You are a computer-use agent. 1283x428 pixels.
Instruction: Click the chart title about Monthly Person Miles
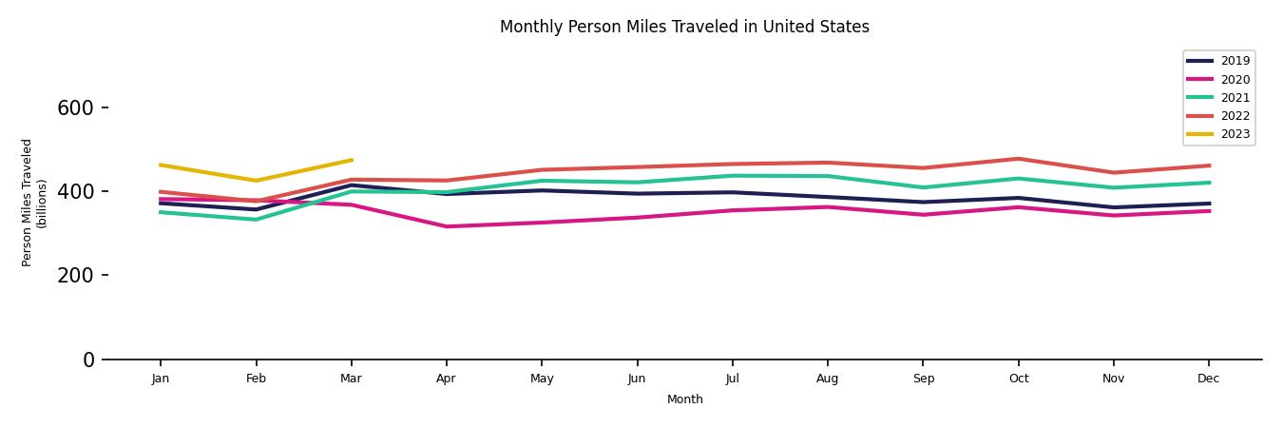click(684, 27)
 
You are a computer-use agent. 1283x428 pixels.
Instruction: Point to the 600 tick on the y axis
click(75, 108)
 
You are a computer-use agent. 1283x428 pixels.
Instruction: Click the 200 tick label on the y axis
click(75, 276)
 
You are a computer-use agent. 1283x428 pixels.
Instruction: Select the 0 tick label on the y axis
click(88, 360)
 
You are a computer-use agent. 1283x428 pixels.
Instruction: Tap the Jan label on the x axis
click(161, 379)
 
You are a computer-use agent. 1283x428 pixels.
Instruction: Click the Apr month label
click(446, 379)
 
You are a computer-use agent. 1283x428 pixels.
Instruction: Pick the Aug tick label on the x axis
click(827, 379)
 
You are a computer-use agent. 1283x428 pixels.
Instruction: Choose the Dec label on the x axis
click(1208, 379)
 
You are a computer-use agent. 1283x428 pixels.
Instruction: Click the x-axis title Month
click(684, 399)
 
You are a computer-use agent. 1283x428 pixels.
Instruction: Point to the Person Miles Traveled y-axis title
click(34, 203)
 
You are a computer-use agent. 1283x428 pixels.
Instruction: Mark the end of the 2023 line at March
click(352, 160)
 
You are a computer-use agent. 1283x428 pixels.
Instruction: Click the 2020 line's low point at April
click(446, 226)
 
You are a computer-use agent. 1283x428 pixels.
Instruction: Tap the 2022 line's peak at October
click(1018, 159)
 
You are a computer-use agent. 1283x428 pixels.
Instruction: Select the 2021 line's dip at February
click(256, 220)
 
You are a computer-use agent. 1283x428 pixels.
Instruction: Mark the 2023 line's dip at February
click(256, 181)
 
